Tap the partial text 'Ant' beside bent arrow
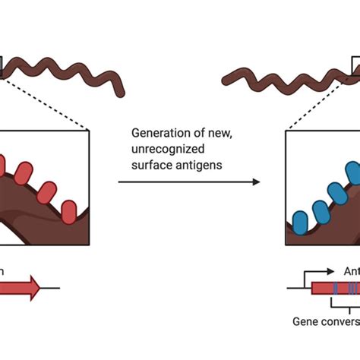[351, 271]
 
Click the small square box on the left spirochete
[2, 68]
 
